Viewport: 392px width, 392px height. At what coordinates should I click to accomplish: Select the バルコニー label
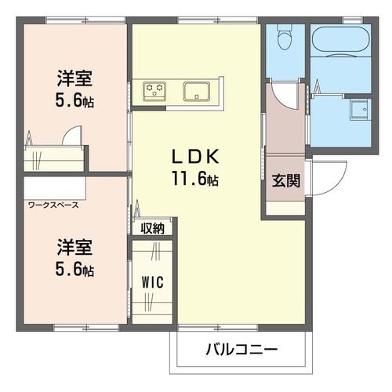(x=242, y=348)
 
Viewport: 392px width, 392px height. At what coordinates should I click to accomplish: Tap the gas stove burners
(x=153, y=91)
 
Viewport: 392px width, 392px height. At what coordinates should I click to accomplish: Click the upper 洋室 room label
(x=75, y=79)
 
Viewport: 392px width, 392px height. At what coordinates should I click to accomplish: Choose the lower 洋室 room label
(x=75, y=249)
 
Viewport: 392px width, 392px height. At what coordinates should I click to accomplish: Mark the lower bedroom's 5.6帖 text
(x=75, y=270)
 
